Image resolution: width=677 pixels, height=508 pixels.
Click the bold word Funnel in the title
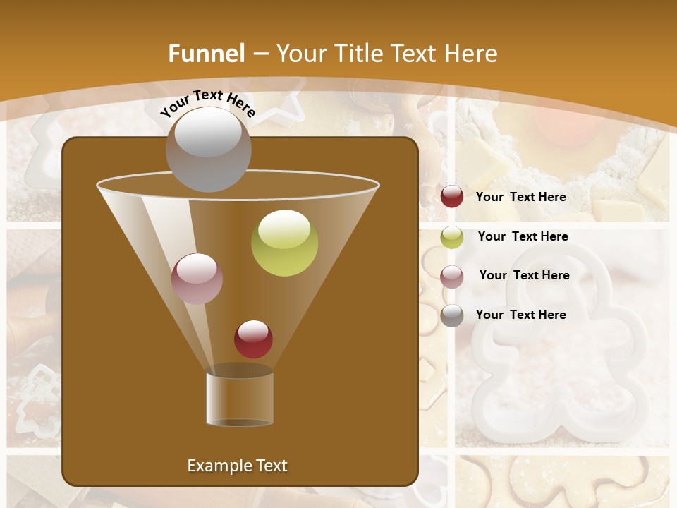[x=206, y=54]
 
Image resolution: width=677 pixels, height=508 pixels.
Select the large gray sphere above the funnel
[x=208, y=149]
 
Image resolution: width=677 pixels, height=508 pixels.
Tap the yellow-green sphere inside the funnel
[x=284, y=243]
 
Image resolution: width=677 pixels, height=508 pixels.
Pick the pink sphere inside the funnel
[x=197, y=279]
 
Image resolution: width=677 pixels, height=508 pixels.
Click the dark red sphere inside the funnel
[x=253, y=339]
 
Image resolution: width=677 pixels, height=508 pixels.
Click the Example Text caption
[x=237, y=466]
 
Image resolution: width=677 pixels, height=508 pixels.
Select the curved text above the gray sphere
[x=207, y=103]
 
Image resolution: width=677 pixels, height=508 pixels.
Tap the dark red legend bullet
[x=452, y=197]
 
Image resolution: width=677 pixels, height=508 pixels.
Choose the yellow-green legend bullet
[x=452, y=237]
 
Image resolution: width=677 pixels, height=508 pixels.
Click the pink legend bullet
[x=452, y=276]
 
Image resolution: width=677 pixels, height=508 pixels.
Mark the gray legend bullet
[x=452, y=315]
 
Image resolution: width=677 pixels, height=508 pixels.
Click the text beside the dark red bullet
[x=520, y=198]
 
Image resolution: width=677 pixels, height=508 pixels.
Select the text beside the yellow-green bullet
[x=523, y=237]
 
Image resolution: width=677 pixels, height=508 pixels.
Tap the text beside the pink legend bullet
[x=524, y=276]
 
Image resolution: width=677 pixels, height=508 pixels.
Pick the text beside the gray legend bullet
[x=520, y=315]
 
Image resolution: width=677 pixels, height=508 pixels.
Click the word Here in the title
[x=471, y=54]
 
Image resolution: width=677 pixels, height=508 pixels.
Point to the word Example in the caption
[x=219, y=466]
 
